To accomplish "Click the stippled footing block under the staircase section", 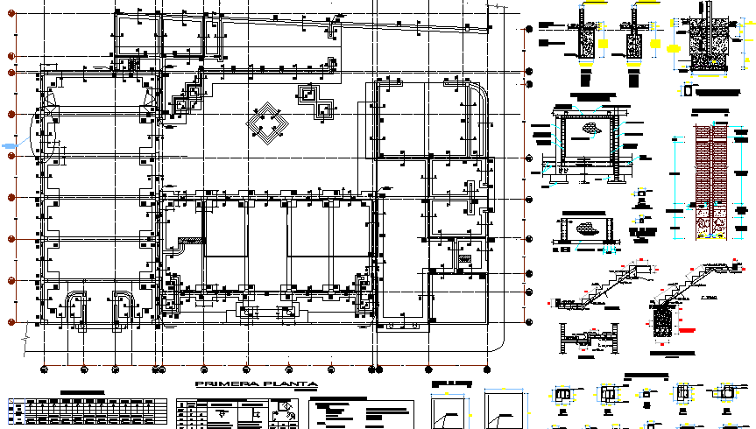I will point(663,320).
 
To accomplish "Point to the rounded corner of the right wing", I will point(479,92).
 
